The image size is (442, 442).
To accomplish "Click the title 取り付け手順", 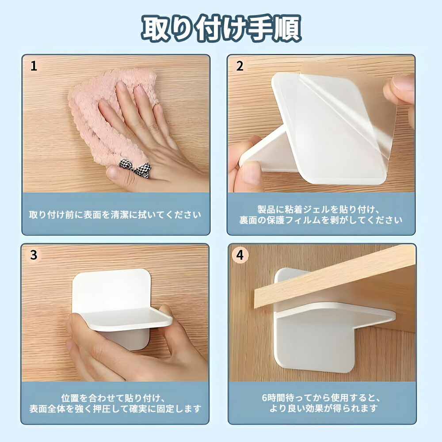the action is tap(221, 28).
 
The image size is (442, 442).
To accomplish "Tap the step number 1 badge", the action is tap(34, 66).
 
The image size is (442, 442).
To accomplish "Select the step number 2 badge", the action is tap(240, 66).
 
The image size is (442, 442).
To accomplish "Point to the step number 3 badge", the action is tap(34, 255).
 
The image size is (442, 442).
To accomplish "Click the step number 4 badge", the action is tap(240, 255).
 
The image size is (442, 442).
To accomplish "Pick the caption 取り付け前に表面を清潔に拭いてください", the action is tap(115, 215).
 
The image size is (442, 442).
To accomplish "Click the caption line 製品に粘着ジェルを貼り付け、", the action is tap(319, 210).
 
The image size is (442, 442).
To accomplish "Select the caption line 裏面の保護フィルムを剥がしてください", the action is tap(321, 220).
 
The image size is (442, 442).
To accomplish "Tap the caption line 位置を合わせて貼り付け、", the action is tap(113, 398).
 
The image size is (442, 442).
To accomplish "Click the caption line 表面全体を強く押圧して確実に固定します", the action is tap(115, 409).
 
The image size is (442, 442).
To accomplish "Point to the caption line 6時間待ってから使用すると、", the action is tap(321, 398).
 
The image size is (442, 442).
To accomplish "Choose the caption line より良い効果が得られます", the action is tap(324, 408).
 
